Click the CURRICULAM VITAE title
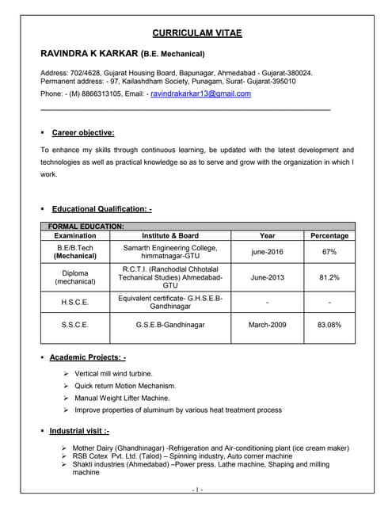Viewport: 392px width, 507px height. coord(196,32)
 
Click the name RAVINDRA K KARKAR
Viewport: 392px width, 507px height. coord(88,54)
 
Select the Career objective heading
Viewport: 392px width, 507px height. coord(82,132)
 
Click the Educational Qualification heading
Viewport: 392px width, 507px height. coord(101,209)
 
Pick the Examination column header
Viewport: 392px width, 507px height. coord(75,235)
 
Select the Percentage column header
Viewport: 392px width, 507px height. coord(329,235)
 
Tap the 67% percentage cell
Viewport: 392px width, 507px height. coord(329,252)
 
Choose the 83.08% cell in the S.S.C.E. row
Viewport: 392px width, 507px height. coord(329,325)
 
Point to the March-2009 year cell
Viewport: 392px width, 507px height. coord(268,325)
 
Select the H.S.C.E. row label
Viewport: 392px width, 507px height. coord(75,302)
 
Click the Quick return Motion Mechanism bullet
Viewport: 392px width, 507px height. coord(125,385)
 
